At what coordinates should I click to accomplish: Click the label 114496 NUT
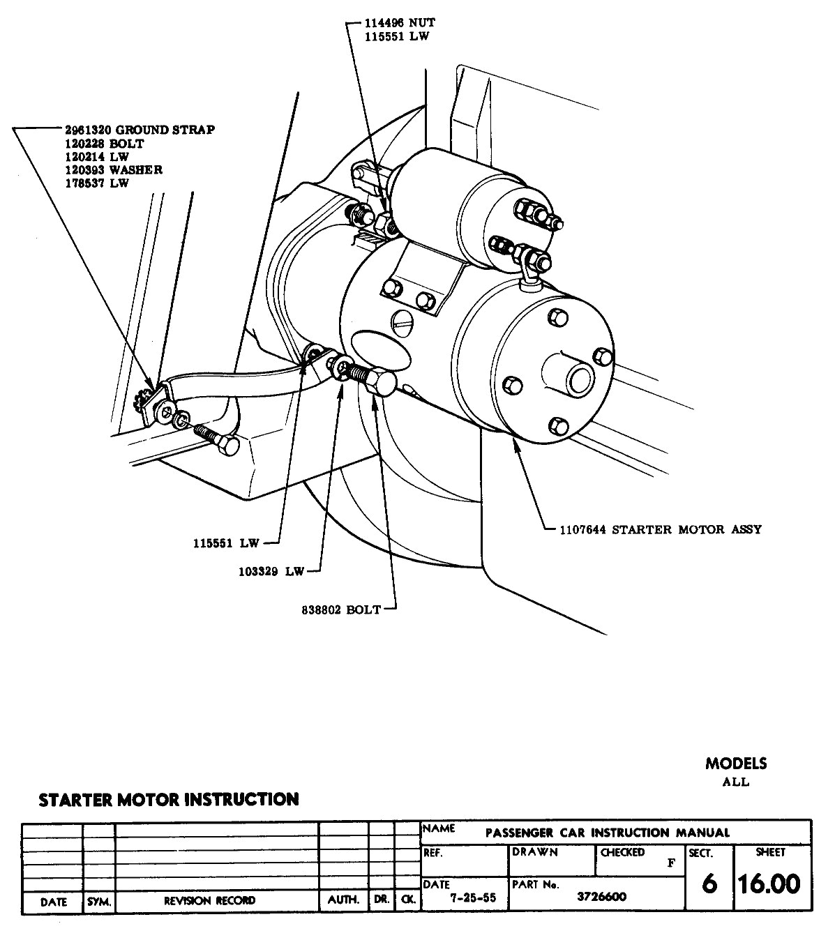pos(399,23)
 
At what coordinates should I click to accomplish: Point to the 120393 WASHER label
pos(110,169)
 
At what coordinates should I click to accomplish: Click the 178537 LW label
pos(94,183)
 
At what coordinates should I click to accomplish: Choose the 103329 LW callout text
pos(270,571)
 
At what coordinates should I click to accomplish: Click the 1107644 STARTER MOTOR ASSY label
pos(660,529)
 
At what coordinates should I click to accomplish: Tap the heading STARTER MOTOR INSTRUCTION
pos(168,799)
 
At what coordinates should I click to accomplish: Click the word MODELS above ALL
pos(735,764)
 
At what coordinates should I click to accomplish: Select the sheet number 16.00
pos(769,884)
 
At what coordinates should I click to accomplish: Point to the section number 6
pos(709,884)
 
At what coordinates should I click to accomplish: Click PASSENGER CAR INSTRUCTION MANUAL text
pos(607,832)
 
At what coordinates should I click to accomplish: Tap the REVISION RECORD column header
pos(209,900)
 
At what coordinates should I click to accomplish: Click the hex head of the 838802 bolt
pos(382,384)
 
